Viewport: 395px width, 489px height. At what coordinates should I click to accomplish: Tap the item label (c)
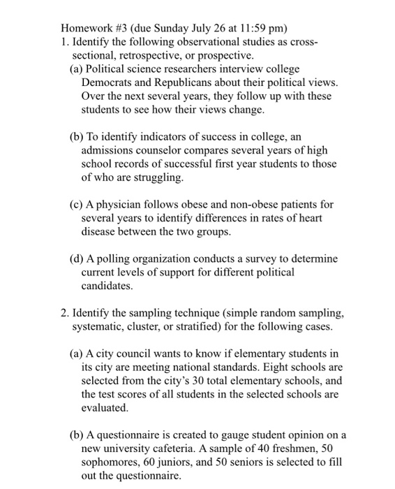pos(77,205)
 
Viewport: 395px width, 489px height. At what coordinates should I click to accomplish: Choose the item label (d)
pos(78,258)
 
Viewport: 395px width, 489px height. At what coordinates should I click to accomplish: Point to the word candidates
pos(105,286)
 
